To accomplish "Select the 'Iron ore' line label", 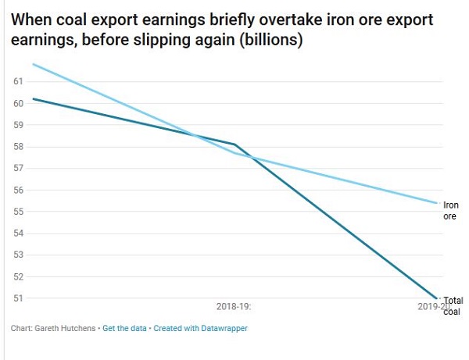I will point(451,210).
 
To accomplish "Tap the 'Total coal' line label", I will point(453,306).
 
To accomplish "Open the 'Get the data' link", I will point(125,329).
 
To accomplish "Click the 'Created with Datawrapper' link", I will point(201,329).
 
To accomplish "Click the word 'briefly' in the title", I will point(230,18).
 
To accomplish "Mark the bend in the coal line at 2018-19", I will point(234,144).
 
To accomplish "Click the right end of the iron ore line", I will point(436,203).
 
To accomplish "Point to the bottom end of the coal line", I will point(436,298).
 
